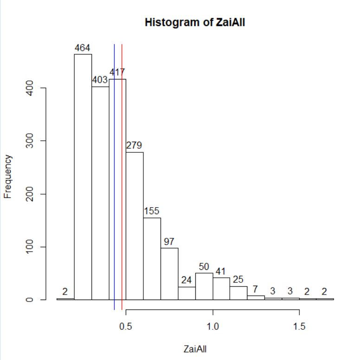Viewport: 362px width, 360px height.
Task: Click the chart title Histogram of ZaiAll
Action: pyautogui.click(x=194, y=22)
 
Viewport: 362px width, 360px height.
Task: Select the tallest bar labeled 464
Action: pyautogui.click(x=83, y=177)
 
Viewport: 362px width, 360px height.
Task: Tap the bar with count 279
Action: pyautogui.click(x=135, y=226)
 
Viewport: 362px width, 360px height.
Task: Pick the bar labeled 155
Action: pyautogui.click(x=152, y=259)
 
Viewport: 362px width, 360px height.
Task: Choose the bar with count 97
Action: pyautogui.click(x=169, y=274)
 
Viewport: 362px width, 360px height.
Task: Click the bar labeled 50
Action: pyautogui.click(x=204, y=286)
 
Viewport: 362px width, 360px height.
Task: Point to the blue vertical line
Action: pyautogui.click(x=114, y=177)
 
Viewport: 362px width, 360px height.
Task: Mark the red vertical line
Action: pyautogui.click(x=122, y=177)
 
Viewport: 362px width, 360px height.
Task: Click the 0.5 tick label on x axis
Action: pyautogui.click(x=126, y=327)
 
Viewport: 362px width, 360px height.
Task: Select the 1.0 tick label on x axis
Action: pyautogui.click(x=213, y=327)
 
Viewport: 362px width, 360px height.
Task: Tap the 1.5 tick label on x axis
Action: pyautogui.click(x=299, y=327)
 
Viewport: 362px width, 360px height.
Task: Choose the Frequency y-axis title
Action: pyautogui.click(x=7, y=177)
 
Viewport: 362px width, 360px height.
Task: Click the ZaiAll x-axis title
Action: pyautogui.click(x=195, y=349)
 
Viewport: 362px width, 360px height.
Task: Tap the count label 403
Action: pyautogui.click(x=100, y=80)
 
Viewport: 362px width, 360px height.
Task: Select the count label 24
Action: pyautogui.click(x=186, y=280)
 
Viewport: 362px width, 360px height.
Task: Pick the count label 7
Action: pyautogui.click(x=255, y=289)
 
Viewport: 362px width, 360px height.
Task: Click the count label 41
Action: pyautogui.click(x=220, y=271)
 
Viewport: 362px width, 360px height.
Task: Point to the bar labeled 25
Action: pyautogui.click(x=239, y=293)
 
